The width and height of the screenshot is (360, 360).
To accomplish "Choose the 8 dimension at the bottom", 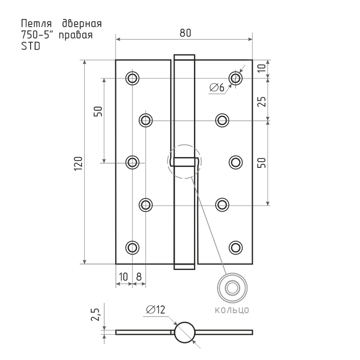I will click(139, 276).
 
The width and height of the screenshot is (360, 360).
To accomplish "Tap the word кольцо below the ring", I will click(231, 310).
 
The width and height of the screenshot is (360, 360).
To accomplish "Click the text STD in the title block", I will click(30, 46).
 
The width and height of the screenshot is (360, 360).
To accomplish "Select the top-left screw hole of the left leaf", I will click(132, 78).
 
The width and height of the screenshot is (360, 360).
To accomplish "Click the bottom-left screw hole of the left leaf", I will click(132, 247).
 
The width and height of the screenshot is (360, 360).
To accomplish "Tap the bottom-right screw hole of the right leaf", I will click(235, 247).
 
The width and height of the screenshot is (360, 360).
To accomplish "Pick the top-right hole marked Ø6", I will click(235, 78).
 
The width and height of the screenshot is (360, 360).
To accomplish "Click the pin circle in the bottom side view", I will click(184, 333).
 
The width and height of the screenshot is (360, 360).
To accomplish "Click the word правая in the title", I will click(77, 35).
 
